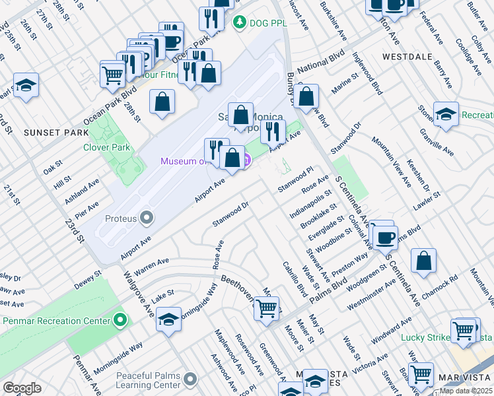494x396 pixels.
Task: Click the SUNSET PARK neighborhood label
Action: pos(55,133)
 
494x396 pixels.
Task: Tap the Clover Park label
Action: pos(106,147)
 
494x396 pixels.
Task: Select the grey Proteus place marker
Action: pos(147,218)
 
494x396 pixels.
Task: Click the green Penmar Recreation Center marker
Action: pos(120,321)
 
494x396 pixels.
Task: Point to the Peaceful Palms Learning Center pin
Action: pos(190,379)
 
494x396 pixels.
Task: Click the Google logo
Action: pos(22,388)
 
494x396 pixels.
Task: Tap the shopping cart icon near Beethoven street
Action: pos(266,308)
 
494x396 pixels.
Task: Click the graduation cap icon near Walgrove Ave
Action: pos(168,319)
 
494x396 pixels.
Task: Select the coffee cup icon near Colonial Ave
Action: pos(385,236)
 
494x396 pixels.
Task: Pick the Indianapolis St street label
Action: pos(310,205)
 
